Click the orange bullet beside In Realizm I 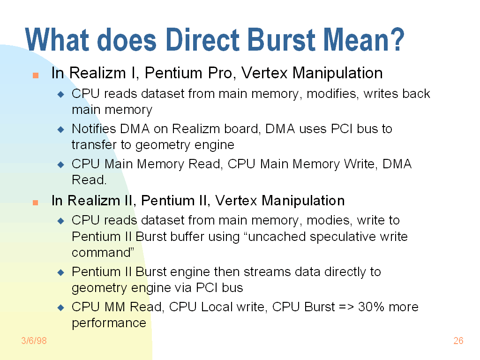[x=35, y=75]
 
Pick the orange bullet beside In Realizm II [x=35, y=202]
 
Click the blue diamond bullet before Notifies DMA [x=60, y=129]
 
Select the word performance [x=109, y=323]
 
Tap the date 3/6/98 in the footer [x=34, y=341]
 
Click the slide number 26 [x=458, y=341]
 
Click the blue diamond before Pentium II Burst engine [x=60, y=272]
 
